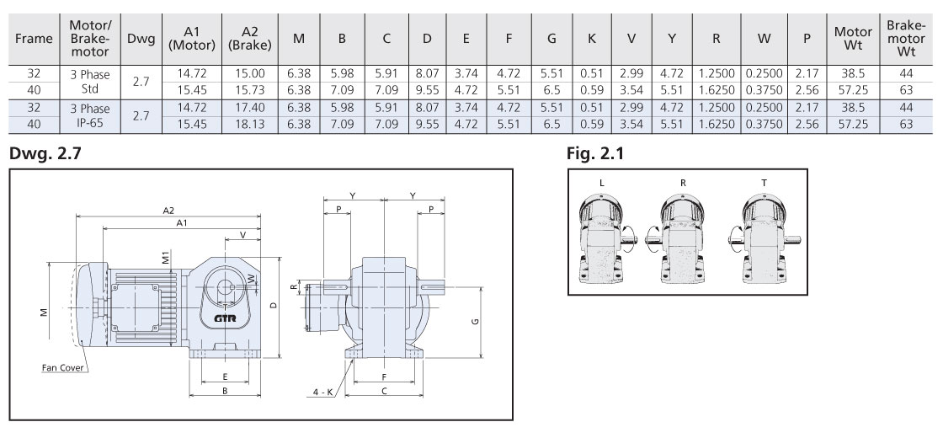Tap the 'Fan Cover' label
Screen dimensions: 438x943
click(x=63, y=368)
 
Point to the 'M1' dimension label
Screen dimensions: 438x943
click(x=167, y=255)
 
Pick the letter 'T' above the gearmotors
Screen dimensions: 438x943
click(x=764, y=182)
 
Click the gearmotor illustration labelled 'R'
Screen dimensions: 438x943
click(x=682, y=240)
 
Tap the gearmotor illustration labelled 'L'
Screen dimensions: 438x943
click(x=601, y=240)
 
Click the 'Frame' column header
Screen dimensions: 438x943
click(x=34, y=38)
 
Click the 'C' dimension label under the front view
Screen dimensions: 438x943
click(x=384, y=391)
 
